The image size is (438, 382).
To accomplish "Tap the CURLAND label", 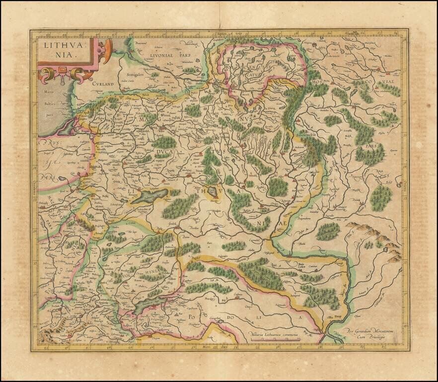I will tap(103, 85).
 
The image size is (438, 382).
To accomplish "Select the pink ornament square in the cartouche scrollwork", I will tap(63, 69).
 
